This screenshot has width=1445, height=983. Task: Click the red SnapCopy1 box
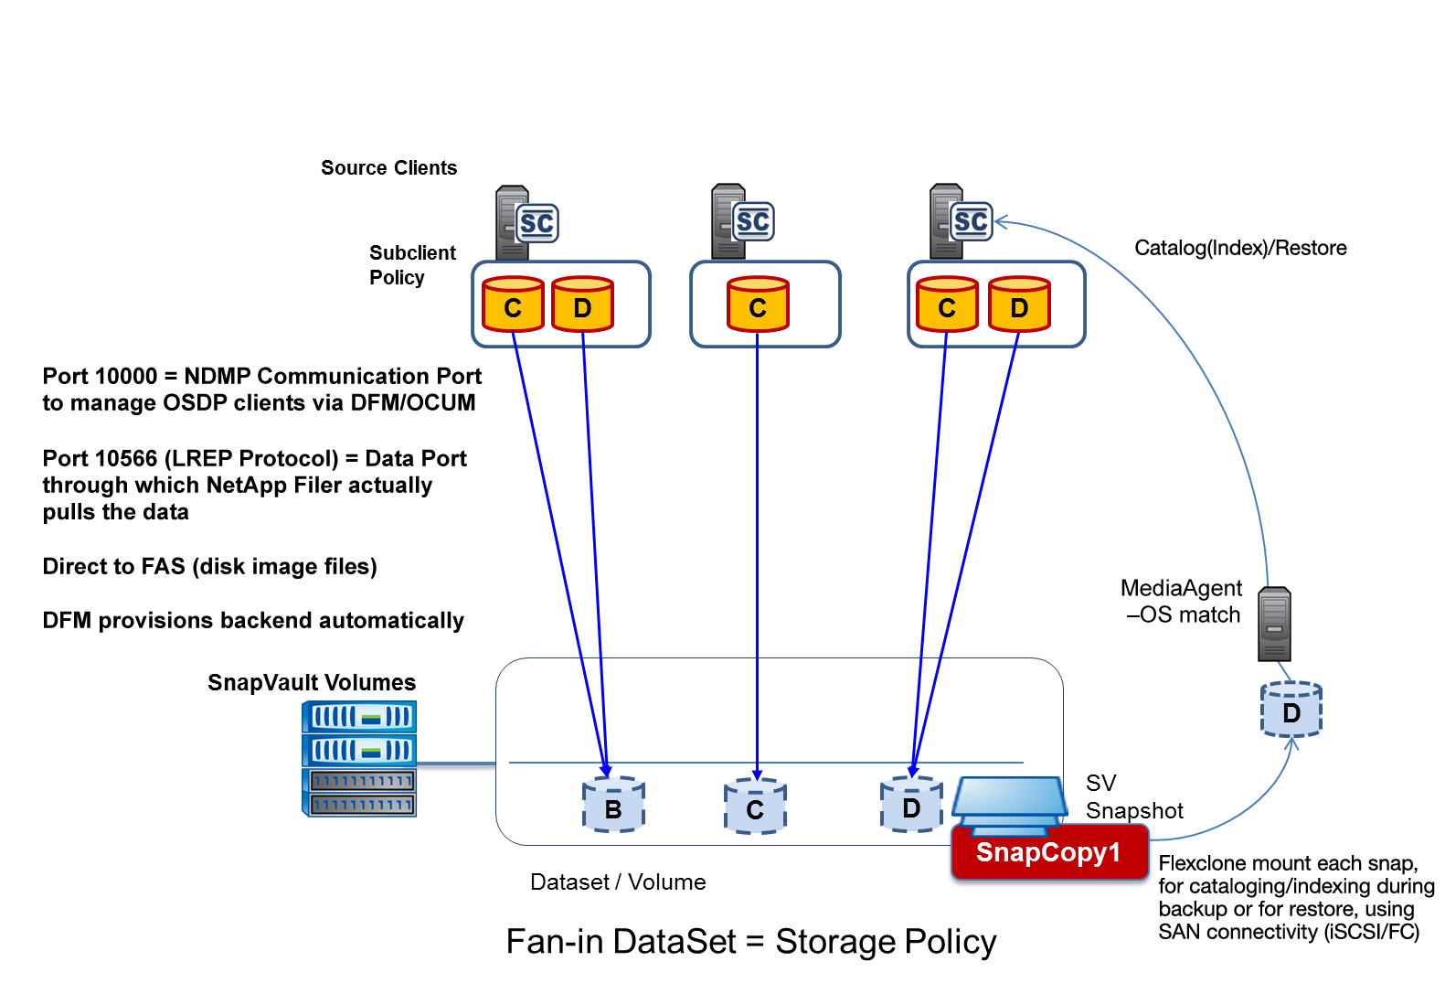[1048, 852]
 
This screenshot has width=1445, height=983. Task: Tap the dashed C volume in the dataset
[755, 807]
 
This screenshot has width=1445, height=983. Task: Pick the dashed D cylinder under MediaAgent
[1291, 710]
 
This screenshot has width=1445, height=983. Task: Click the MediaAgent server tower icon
[1274, 625]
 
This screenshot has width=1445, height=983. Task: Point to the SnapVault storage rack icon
[359, 758]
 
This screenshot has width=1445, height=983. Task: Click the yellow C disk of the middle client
[758, 305]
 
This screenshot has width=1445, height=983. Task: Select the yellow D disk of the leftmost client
[582, 305]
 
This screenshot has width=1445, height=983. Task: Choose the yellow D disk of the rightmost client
[1019, 305]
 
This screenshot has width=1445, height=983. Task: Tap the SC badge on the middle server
[753, 221]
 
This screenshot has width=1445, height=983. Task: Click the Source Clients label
[388, 168]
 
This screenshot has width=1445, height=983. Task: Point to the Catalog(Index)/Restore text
[1240, 248]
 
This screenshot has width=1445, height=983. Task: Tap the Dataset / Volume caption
[618, 882]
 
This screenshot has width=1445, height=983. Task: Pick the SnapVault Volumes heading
[311, 682]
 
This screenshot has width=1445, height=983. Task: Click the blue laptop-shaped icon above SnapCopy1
[1009, 801]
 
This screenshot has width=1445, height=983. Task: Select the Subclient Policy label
[412, 265]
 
